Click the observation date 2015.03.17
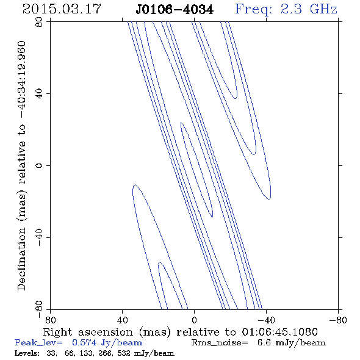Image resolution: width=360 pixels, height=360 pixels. (62, 9)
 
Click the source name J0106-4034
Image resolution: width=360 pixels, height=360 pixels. (175, 10)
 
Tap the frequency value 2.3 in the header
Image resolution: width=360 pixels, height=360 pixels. (291, 9)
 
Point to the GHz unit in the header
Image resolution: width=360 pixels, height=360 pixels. (324, 9)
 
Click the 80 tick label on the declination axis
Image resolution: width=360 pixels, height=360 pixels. (39, 22)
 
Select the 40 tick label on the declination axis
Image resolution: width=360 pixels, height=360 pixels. (39, 94)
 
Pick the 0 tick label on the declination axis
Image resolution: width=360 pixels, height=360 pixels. (39, 165)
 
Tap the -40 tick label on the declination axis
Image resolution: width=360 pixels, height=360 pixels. (39, 237)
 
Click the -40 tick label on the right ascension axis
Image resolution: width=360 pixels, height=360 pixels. (266, 320)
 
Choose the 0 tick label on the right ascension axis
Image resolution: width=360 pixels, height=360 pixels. (194, 320)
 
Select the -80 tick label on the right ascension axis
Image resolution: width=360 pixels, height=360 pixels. (338, 320)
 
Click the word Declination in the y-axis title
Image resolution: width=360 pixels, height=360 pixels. (21, 259)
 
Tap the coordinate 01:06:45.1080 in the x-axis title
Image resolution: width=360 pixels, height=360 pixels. (280, 332)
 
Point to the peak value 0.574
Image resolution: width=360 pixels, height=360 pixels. (84, 342)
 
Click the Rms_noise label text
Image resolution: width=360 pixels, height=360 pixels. (220, 343)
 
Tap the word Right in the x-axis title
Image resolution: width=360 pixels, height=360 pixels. (57, 333)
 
